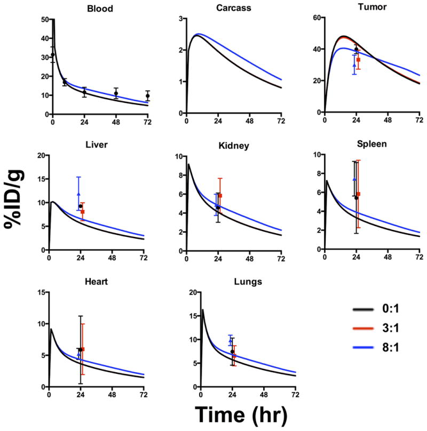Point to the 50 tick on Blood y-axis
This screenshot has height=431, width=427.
(x=42, y=20)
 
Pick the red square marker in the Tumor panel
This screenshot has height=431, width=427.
(x=359, y=60)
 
